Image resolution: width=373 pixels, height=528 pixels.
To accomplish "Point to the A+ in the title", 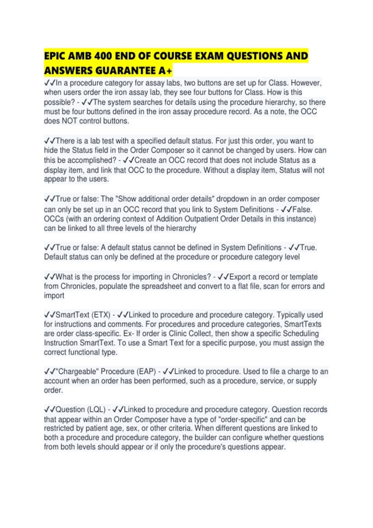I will coord(165,71).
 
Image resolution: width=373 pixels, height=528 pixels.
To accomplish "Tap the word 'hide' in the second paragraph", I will coord(51,150).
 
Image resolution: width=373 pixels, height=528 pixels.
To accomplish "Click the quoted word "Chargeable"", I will coord(77,371).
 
